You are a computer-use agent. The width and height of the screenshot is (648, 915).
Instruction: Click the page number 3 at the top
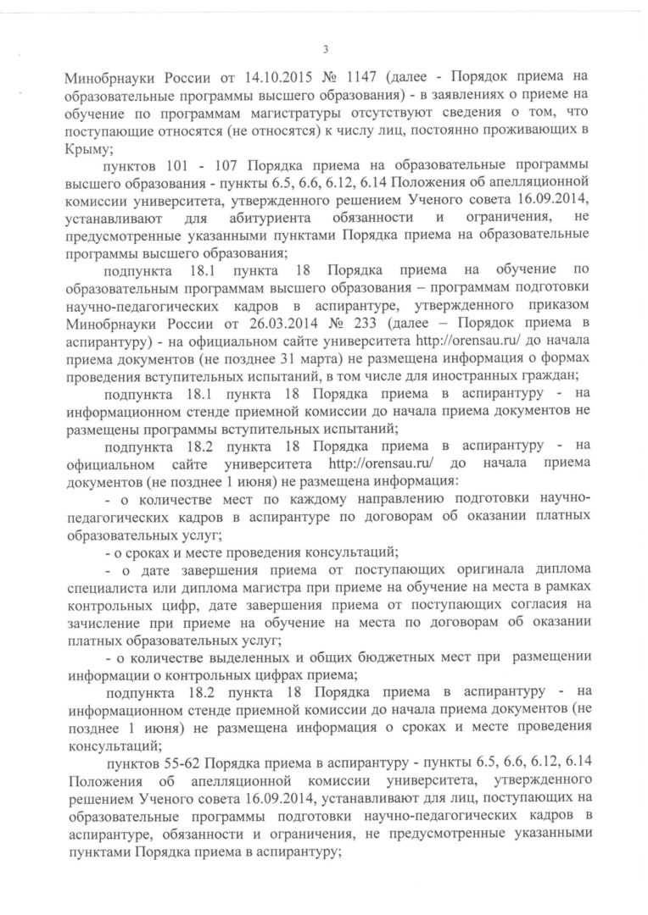pos(325,47)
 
